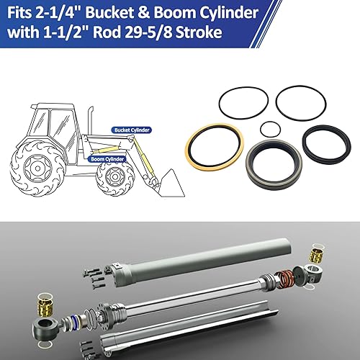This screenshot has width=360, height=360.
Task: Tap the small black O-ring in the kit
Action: (269, 129)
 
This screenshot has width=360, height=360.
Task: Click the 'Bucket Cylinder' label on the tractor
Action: (131, 130)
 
